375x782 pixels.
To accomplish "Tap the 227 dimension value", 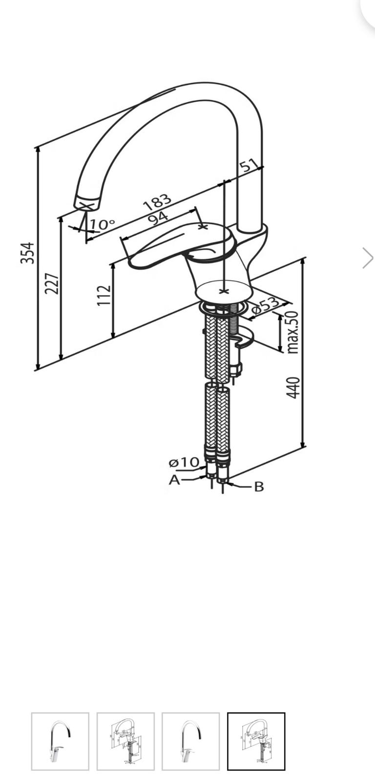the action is coord(52,283).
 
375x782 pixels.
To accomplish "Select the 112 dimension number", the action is coord(104,295).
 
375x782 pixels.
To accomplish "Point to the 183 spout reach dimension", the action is coord(158,202).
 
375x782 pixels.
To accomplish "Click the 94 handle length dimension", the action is coord(158,218).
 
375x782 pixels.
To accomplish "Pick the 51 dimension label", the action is coord(249,165).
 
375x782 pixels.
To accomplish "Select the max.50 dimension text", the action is coord(292,332).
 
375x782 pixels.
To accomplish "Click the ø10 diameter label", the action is coord(184,462).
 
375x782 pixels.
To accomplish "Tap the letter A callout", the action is coord(174,480).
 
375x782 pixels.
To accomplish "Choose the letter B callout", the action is coord(259,487).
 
